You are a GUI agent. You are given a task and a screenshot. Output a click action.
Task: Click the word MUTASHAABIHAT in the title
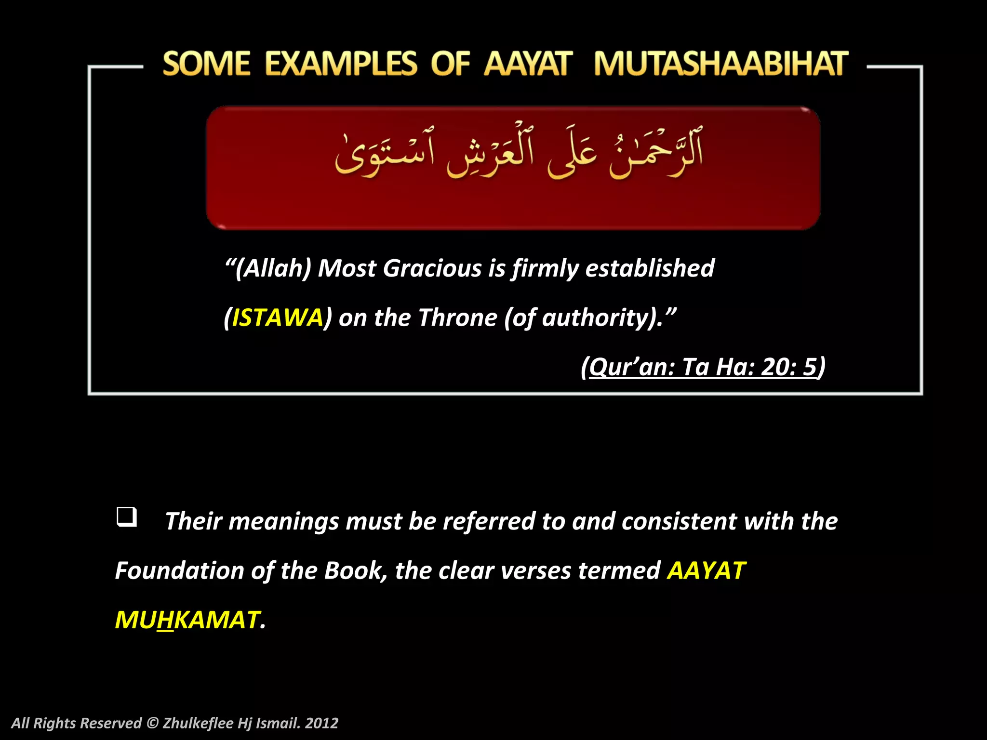720,64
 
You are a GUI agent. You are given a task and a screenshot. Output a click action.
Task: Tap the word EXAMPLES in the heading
341,64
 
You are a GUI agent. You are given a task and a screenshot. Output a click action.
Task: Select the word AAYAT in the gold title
528,64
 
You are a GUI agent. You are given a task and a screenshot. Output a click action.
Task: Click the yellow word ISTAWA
278,318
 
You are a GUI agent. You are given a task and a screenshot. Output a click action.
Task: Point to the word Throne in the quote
457,318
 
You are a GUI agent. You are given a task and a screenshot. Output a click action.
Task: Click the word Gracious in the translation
432,268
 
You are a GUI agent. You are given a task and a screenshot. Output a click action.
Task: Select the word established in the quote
650,268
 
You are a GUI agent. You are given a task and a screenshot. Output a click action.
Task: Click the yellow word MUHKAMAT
188,620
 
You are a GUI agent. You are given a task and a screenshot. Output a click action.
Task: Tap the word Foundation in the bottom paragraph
179,571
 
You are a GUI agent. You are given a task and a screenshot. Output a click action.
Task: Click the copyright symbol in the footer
152,723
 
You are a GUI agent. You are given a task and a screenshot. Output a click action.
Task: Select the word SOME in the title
206,64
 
